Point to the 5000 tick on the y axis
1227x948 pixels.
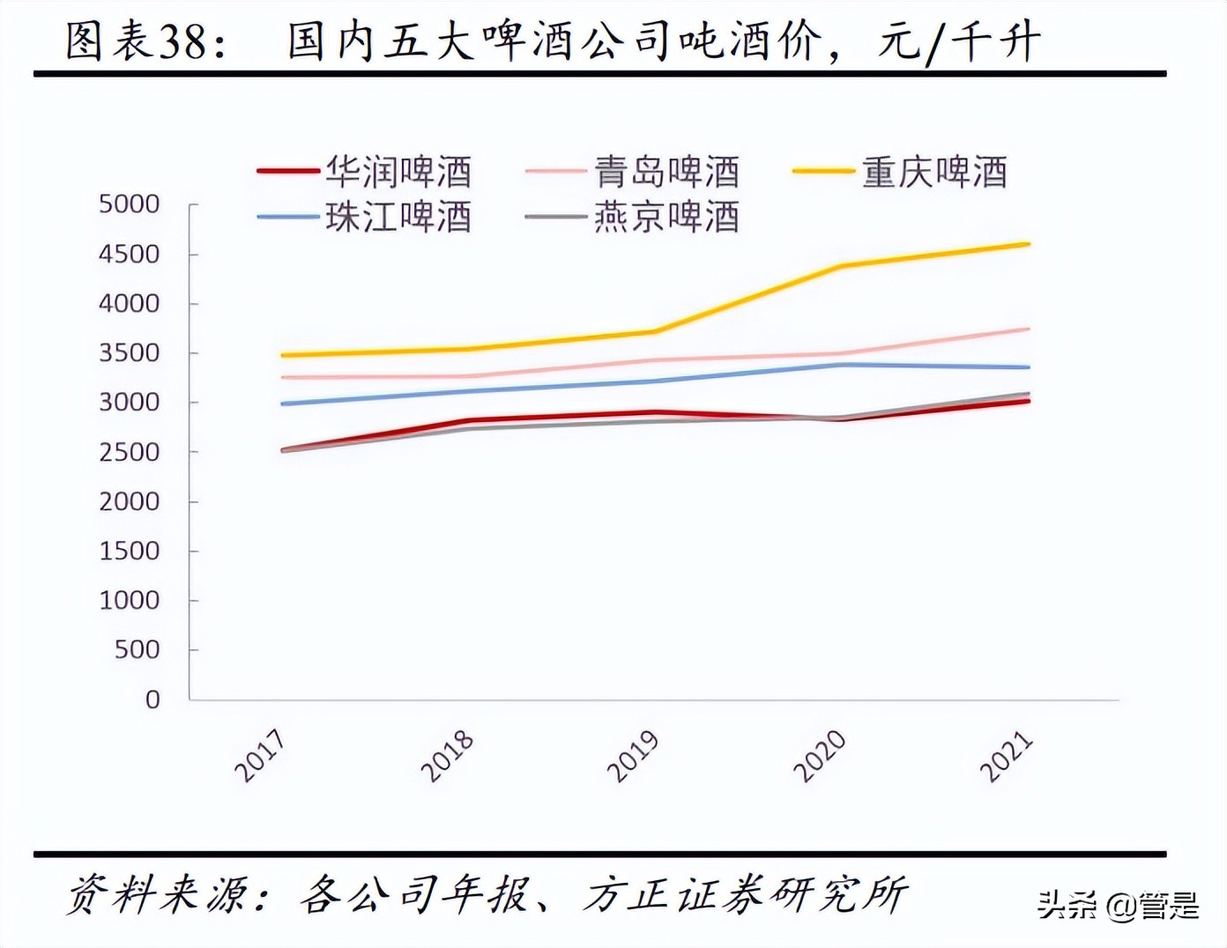(130, 204)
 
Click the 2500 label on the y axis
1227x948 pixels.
(130, 452)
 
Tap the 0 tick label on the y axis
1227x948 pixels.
(153, 700)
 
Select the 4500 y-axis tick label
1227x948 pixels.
(130, 254)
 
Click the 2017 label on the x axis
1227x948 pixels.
(261, 756)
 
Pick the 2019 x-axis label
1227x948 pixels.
(634, 756)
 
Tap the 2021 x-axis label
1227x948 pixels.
(1007, 756)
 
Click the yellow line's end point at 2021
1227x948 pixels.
(1028, 244)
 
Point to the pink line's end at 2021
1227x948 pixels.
(1028, 329)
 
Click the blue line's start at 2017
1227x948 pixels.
(283, 404)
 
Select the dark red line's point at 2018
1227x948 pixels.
(469, 421)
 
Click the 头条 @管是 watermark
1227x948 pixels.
(1118, 905)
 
